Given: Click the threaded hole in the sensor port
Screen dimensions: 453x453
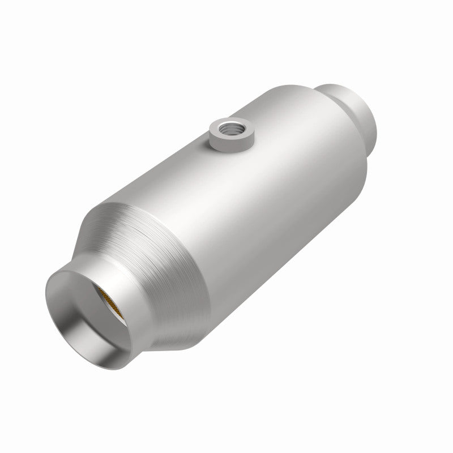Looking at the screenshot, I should click(x=232, y=126).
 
